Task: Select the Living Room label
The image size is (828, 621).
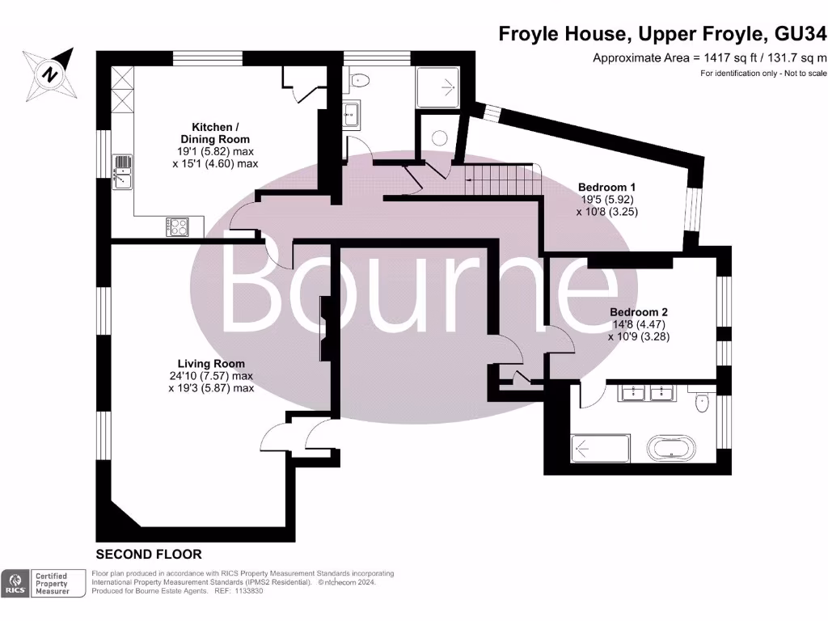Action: click(x=211, y=375)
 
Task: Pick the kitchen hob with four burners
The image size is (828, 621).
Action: click(x=179, y=226)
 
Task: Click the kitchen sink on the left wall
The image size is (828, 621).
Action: click(x=122, y=171)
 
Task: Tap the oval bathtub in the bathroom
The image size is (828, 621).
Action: click(x=669, y=447)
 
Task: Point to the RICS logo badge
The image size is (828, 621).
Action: click(x=15, y=584)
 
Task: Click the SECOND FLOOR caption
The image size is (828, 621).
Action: click(x=149, y=555)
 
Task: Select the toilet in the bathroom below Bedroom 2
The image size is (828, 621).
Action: click(x=703, y=400)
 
